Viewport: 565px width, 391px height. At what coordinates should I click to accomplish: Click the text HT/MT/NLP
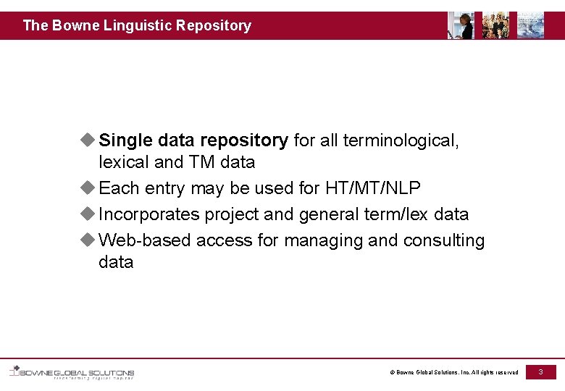point(372,188)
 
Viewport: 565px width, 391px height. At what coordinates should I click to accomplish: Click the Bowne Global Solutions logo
point(72,373)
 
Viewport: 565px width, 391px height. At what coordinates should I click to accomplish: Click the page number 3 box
point(540,371)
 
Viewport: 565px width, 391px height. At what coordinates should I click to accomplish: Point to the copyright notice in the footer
point(454,372)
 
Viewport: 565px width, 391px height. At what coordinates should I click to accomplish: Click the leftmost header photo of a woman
point(461,25)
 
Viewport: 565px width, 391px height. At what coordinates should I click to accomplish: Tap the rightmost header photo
point(530,25)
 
